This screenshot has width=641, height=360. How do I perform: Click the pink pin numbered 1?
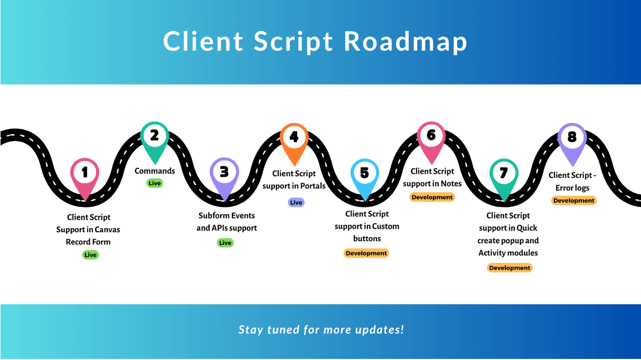tap(84, 176)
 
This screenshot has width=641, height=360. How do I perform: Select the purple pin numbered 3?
tap(224, 175)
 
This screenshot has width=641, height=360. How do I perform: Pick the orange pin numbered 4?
tap(294, 141)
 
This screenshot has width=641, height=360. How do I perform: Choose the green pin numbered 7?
tap(504, 177)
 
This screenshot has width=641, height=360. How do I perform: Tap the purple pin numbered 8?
tap(572, 141)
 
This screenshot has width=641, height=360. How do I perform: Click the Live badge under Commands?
tap(155, 183)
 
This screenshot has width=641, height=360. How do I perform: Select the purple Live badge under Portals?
tap(296, 202)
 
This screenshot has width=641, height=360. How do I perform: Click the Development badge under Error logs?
tap(574, 201)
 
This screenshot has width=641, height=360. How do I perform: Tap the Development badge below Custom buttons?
tap(366, 253)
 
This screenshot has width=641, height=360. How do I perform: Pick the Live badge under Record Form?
tap(90, 254)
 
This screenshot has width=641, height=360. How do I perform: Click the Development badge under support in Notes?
tap(432, 197)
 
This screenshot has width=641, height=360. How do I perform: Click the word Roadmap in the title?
tap(405, 41)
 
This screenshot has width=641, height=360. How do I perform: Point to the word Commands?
tap(155, 171)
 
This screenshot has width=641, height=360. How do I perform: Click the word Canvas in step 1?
tap(107, 230)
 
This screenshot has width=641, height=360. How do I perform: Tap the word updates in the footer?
tap(379, 330)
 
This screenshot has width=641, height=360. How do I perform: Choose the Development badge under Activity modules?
tap(510, 268)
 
